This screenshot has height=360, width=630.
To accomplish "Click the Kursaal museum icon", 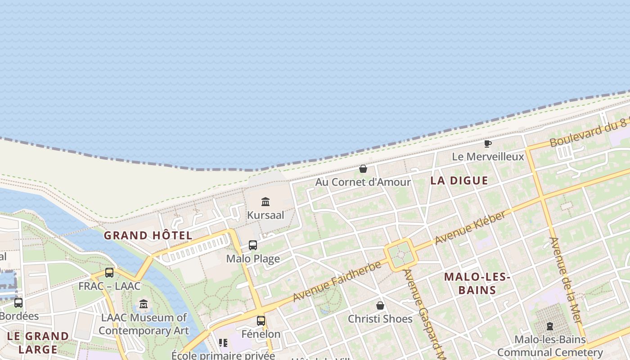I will pos(265,202).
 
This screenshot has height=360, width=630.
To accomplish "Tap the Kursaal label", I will pos(265,215).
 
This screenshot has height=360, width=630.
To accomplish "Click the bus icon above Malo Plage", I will pos(253,245).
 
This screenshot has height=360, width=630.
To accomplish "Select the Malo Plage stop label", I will pos(253,259).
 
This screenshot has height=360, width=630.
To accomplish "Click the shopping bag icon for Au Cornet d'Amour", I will pos(363,169).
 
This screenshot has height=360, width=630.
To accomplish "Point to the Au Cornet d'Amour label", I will pos(363,182).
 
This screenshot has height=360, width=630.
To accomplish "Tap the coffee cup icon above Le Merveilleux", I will pos(487,144).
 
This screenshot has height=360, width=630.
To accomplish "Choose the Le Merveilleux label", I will pos(488,157).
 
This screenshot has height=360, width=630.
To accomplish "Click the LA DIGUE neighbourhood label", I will pos(459,180).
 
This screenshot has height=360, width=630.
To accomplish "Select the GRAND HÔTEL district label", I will pos(148,235).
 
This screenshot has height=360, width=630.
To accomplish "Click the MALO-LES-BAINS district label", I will pos(477,283).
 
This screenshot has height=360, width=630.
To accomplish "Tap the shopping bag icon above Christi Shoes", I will pos(380,306).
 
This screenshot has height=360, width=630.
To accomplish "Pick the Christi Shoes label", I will pos(380,319).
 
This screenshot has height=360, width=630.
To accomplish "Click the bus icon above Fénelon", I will pos(261,321).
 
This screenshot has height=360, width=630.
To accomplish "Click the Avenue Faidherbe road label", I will pos(337,282).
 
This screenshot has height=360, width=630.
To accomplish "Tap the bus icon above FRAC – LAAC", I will pos(109,272).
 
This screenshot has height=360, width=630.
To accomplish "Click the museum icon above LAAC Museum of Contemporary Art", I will pos(144,304).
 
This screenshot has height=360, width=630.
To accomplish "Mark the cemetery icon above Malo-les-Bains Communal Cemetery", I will pos(549,326).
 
